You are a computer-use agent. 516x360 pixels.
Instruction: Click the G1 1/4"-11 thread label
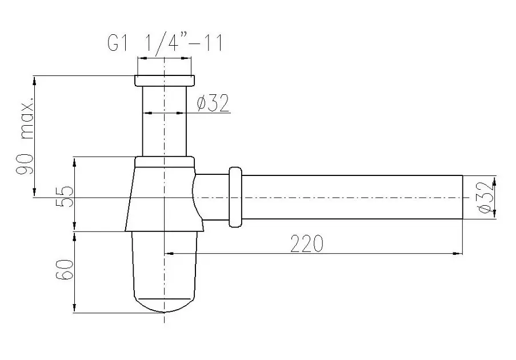tap(165, 42)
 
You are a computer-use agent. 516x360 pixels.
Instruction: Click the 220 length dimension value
tap(307, 244)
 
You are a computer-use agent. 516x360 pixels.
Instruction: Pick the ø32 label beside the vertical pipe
tap(213, 103)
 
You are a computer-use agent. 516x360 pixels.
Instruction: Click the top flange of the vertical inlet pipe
tap(165, 81)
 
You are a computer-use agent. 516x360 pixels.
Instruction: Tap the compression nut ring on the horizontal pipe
tap(235, 197)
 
